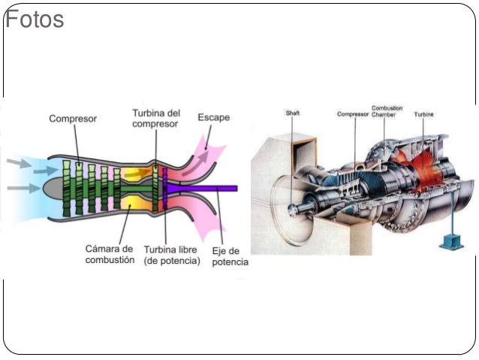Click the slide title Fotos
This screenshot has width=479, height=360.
pos(35,20)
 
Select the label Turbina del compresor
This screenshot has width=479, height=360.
pos(156,118)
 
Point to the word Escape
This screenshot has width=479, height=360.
pos(214,117)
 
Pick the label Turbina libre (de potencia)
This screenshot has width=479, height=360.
pos(172,254)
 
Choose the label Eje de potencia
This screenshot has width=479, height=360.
pos(229,256)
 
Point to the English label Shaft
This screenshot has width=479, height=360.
pos(292,113)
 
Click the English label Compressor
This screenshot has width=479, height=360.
pos(353,114)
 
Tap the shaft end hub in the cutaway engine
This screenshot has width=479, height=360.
pos(292,204)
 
